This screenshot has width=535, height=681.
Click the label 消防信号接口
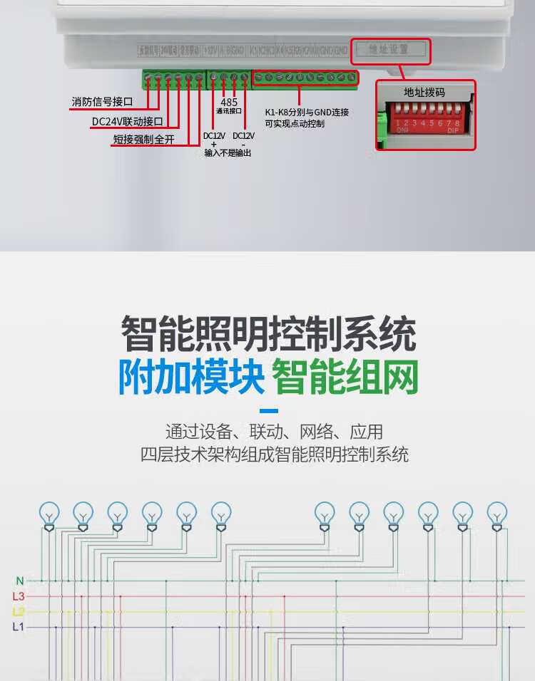102,103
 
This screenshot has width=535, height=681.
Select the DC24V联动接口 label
128,121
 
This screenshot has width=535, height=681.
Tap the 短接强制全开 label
143,140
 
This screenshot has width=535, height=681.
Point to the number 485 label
229,102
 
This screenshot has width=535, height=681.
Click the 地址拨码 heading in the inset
424,92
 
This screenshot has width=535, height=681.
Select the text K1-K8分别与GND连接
307,113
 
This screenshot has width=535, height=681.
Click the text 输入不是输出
228,153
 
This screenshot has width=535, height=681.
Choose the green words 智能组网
345,378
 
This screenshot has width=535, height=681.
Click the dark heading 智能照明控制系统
268,334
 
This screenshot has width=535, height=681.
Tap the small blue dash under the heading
268,411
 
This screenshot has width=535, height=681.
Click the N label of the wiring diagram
19,581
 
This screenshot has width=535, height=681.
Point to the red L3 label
19,596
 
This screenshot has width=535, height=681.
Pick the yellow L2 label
19,612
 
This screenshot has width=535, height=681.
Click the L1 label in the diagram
19,627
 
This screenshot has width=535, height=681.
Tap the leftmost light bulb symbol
49,513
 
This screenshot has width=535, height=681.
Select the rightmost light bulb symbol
497,513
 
